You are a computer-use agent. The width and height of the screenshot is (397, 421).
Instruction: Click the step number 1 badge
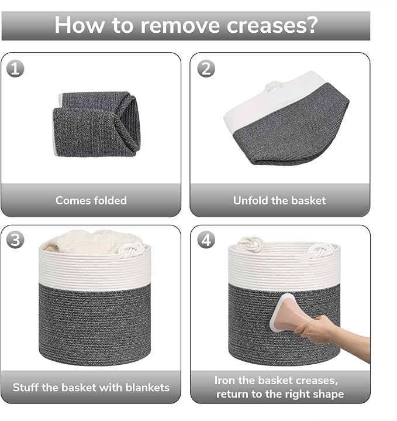[x=15, y=69]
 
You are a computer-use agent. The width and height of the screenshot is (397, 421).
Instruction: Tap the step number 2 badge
[x=206, y=69]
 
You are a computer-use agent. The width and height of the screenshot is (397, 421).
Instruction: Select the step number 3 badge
[x=15, y=239]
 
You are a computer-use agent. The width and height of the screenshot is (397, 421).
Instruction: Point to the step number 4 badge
[x=206, y=239]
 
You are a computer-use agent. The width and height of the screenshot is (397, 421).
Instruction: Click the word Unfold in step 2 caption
[x=251, y=200]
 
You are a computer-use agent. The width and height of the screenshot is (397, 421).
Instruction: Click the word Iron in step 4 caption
[x=225, y=380]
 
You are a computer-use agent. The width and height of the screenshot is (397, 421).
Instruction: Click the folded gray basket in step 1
[x=96, y=124]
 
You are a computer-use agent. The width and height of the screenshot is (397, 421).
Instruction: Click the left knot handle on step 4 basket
[x=251, y=244]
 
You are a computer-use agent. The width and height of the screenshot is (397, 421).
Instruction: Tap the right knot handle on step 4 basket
[x=321, y=250]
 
